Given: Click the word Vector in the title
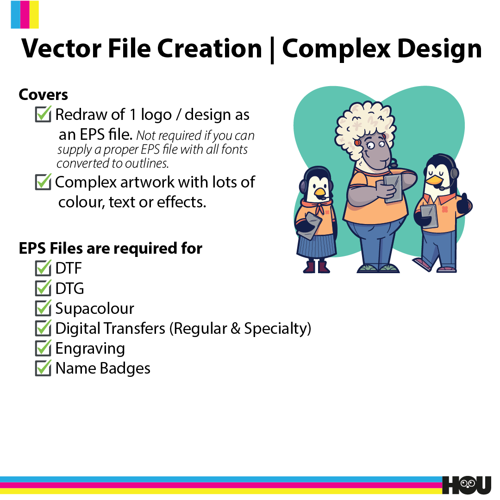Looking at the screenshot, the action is click(x=61, y=49).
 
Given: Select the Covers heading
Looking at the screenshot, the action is click(x=44, y=95).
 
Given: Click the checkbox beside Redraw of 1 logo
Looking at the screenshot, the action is click(x=43, y=114).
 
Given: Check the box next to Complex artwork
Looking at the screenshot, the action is click(x=43, y=182).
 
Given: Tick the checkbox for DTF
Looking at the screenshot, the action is click(x=43, y=268).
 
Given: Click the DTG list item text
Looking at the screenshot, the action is click(x=69, y=288).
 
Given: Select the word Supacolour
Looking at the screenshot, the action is click(x=95, y=309).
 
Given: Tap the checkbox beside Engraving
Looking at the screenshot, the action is click(x=43, y=348).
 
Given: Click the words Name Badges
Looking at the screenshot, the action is click(x=103, y=369).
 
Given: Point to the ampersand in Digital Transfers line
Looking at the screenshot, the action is click(x=235, y=328).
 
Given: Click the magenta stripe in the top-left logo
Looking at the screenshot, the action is click(x=25, y=15).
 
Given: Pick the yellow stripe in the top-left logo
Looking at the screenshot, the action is click(x=34, y=15).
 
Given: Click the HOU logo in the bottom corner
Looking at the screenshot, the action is click(x=467, y=485).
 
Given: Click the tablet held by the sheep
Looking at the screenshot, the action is click(x=393, y=188).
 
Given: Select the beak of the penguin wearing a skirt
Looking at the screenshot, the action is click(x=320, y=192).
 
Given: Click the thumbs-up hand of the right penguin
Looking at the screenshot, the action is click(x=464, y=205).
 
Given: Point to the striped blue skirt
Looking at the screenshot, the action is click(x=317, y=245).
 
